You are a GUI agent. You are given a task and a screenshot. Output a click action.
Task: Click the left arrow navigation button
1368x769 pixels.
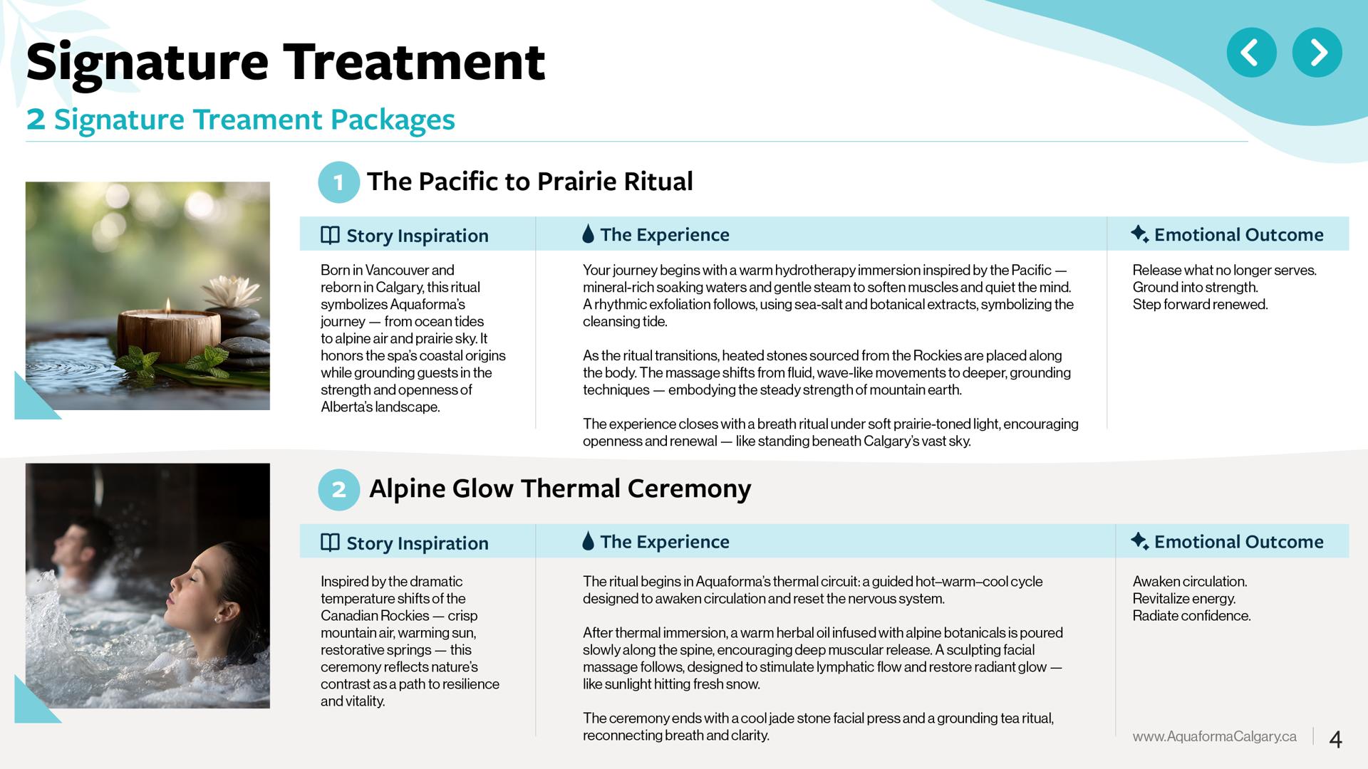click(x=1251, y=53)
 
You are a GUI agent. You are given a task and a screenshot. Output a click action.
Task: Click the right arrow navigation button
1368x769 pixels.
click(x=1317, y=53)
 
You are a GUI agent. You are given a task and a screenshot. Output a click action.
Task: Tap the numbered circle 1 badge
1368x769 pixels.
click(x=338, y=182)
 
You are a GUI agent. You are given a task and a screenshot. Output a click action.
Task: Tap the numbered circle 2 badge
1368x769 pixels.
click(x=338, y=489)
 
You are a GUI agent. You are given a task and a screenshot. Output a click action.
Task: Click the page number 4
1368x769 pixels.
click(x=1336, y=739)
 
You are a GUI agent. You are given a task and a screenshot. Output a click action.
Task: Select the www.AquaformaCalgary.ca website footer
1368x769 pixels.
click(x=1214, y=736)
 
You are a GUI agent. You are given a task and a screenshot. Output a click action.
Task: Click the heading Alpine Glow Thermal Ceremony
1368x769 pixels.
click(x=560, y=489)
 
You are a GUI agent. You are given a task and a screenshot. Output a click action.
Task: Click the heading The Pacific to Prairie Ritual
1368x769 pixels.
click(x=529, y=182)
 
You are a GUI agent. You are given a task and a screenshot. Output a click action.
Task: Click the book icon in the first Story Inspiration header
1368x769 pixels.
click(x=330, y=235)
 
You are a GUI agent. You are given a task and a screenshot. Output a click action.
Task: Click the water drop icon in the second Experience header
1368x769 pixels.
click(x=588, y=541)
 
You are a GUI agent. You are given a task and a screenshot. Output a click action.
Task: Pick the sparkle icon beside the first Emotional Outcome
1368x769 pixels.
click(x=1139, y=234)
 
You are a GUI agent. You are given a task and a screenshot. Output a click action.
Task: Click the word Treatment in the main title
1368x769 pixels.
click(x=414, y=62)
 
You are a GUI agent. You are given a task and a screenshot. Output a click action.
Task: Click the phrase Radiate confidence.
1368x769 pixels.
click(x=1191, y=616)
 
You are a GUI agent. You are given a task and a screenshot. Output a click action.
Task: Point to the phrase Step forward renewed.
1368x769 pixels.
click(x=1200, y=305)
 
